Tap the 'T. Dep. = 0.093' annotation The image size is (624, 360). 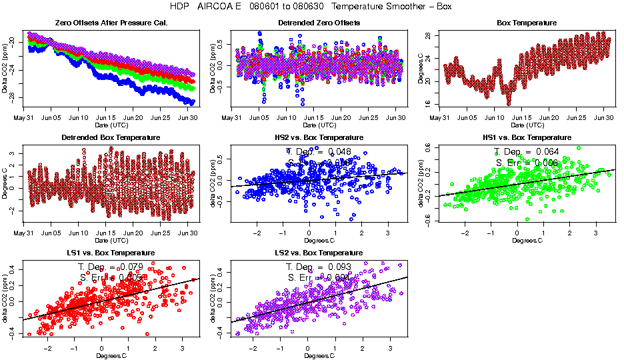[x=319, y=267]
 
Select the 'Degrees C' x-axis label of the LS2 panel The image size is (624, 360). [x=319, y=355]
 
